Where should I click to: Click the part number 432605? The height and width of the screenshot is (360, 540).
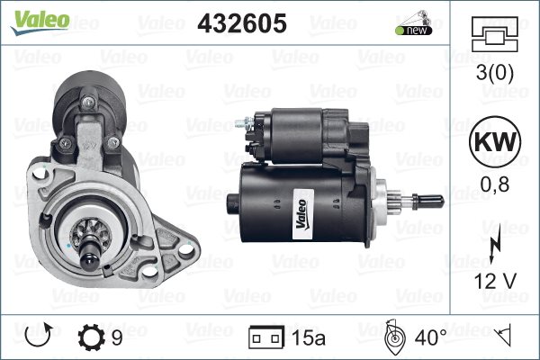242,23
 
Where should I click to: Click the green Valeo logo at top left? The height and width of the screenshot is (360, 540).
40,22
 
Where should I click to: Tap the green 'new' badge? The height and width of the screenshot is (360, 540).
414,31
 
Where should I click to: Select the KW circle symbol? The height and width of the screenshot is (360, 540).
495,141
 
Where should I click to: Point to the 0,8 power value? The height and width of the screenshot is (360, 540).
495,184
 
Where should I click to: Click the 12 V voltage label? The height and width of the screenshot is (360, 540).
495,281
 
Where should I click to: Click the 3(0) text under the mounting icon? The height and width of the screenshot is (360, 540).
494,72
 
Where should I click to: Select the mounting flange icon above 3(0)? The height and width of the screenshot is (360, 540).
495,34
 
